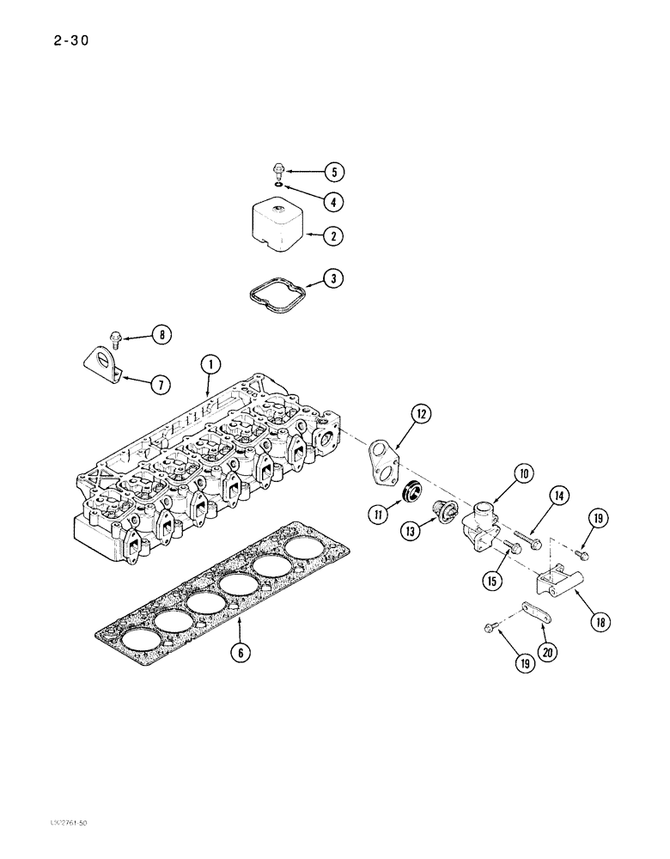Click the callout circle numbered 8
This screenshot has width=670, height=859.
point(161,335)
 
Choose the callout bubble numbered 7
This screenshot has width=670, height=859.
point(160,384)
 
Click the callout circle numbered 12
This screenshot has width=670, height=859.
point(420,414)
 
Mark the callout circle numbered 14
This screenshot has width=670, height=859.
point(559,495)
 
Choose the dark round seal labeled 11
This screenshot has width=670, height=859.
point(412,494)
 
